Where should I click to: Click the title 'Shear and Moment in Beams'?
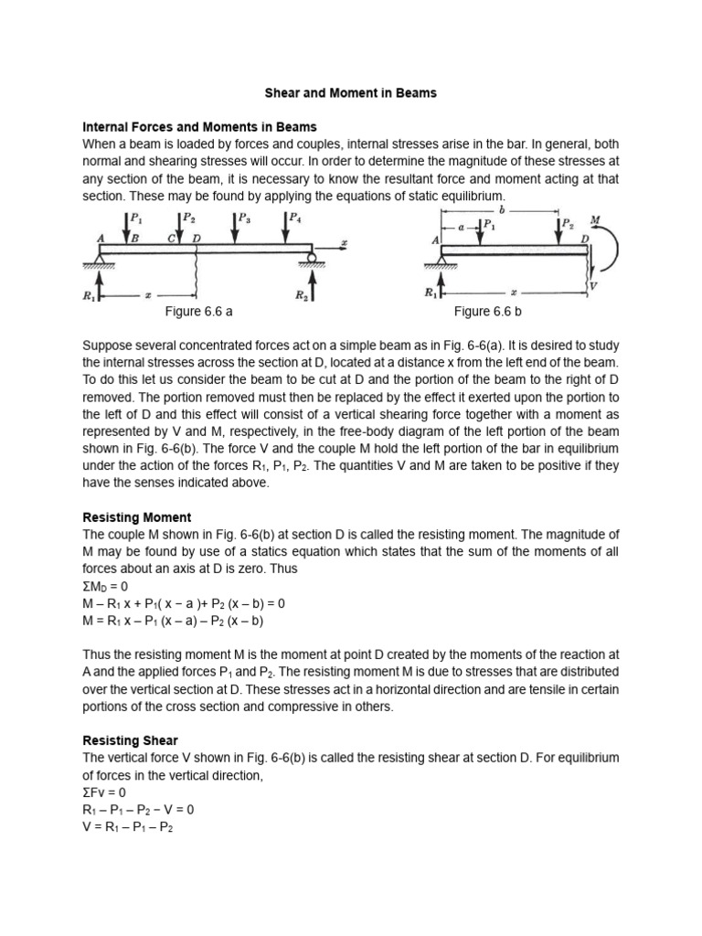(350, 93)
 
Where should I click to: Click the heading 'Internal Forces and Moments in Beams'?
(199, 127)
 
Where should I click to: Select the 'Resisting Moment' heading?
(136, 517)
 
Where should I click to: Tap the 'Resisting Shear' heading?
(130, 740)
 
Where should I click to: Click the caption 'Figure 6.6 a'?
(198, 312)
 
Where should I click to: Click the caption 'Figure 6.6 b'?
(487, 312)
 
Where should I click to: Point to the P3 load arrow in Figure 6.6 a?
(234, 229)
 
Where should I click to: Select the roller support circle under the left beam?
(312, 259)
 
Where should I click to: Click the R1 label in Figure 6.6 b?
(431, 293)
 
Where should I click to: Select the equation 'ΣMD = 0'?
(106, 586)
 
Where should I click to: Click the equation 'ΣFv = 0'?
(104, 792)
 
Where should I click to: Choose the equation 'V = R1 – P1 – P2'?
(128, 826)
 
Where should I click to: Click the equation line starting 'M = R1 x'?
(173, 621)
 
